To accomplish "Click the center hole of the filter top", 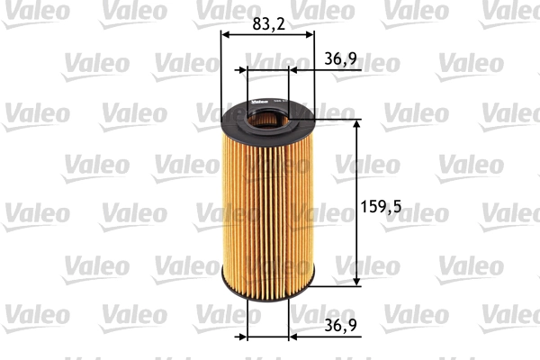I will pyautogui.click(x=267, y=117).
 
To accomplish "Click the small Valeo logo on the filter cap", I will pyautogui.click(x=255, y=100).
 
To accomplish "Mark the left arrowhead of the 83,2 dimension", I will pyautogui.click(x=225, y=35).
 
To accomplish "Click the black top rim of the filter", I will pyautogui.click(x=229, y=121).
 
